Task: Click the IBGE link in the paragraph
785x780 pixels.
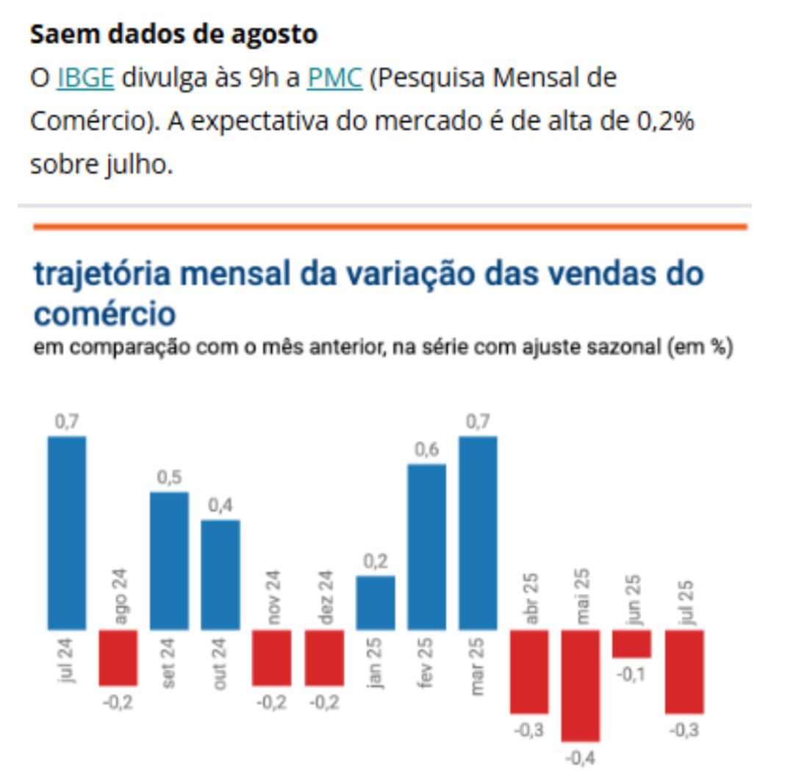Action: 85,78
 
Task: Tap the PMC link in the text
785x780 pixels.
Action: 335,78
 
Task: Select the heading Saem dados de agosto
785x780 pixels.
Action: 173,35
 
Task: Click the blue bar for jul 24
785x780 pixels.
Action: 67,532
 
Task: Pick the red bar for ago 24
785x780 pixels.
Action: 118,657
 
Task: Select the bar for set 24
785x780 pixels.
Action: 169,560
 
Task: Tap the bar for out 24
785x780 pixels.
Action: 221,574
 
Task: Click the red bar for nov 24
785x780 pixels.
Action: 272,657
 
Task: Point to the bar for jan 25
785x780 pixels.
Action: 375,602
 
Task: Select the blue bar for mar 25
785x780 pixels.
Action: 478,532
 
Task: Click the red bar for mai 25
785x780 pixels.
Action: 581,685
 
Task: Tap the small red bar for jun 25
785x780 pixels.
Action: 632,643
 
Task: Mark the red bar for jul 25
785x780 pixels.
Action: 684,671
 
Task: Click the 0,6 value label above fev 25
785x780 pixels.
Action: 426,450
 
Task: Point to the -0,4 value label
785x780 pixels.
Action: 581,757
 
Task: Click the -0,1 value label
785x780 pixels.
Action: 632,674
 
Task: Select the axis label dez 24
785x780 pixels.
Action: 325,597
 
